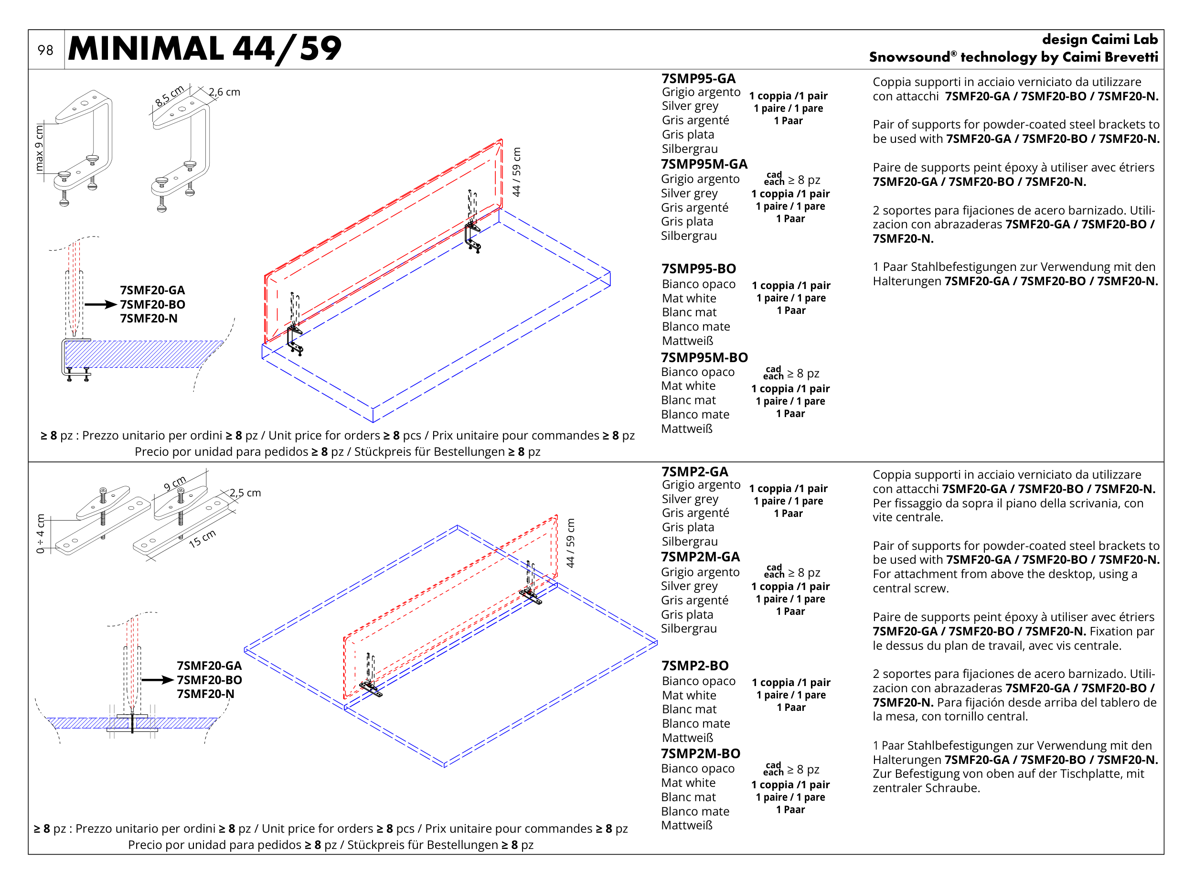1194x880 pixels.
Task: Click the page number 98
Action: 45,50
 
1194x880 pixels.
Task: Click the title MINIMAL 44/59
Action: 204,49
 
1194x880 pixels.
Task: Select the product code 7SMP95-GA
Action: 698,79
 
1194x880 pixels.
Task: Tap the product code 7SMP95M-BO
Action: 704,357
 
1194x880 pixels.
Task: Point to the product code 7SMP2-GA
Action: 694,472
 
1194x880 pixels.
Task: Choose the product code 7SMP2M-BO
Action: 700,753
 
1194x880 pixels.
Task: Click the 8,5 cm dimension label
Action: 170,96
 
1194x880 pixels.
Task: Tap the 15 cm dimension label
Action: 203,538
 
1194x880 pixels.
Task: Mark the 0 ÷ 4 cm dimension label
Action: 41,533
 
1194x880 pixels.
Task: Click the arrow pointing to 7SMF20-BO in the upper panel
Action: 101,305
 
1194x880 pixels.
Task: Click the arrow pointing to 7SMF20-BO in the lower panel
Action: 158,680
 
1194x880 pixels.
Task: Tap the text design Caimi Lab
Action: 1100,40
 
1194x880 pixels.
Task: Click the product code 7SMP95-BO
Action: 699,269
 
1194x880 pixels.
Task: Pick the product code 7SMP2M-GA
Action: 700,557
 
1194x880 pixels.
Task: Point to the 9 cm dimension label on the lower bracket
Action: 175,483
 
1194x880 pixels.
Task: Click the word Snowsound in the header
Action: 909,57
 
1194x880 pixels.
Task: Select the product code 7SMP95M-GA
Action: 704,164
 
